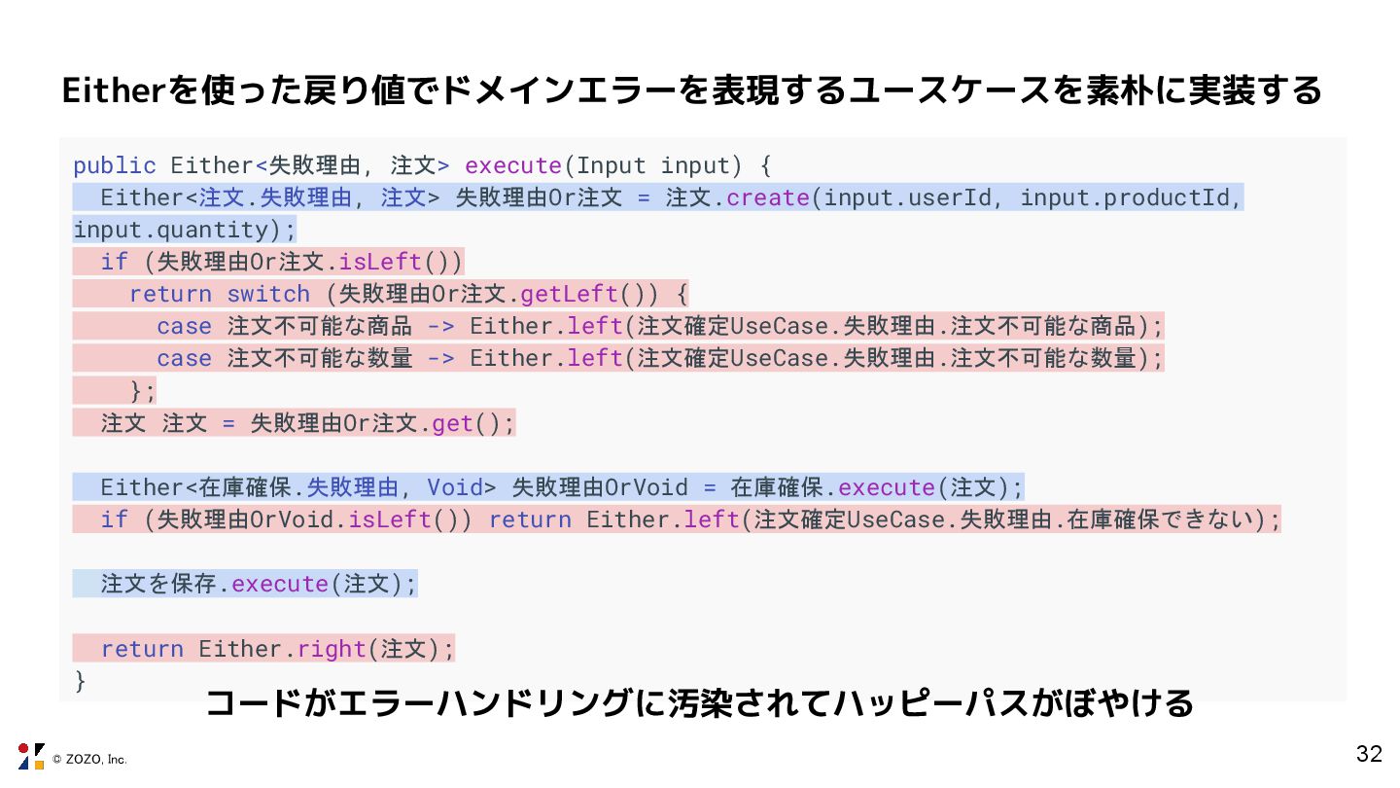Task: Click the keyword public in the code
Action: click(x=114, y=165)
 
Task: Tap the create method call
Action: click(x=768, y=197)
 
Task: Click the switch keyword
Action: click(x=268, y=294)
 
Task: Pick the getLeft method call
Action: click(x=569, y=294)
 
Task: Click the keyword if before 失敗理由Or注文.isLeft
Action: click(x=114, y=262)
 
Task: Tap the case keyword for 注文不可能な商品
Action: click(x=184, y=326)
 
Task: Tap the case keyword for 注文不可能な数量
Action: click(x=184, y=358)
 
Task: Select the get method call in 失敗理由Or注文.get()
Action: click(x=452, y=423)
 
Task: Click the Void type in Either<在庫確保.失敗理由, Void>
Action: click(x=455, y=487)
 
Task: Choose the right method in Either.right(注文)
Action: click(x=332, y=649)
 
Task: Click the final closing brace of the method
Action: click(x=80, y=680)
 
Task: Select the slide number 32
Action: click(x=1369, y=754)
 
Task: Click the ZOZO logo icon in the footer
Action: click(x=31, y=756)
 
